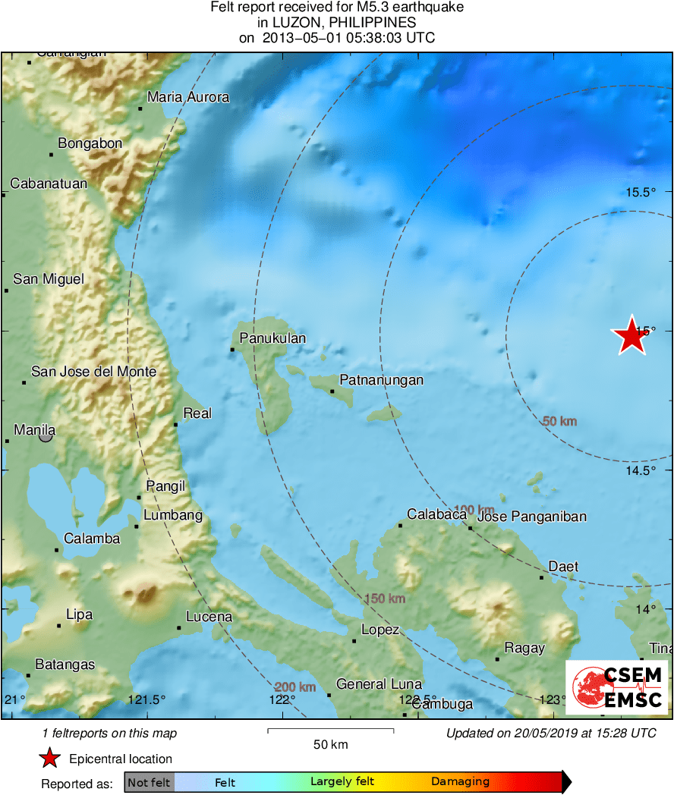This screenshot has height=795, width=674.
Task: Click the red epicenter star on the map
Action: point(630,335)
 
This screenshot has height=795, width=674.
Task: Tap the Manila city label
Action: point(35,430)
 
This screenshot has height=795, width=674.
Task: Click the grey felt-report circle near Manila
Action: point(46,435)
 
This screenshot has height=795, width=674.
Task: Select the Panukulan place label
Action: point(272,338)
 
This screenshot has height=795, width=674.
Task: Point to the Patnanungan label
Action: point(381,380)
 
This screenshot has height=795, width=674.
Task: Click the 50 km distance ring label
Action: point(560,421)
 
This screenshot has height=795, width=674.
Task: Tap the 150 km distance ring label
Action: point(385,599)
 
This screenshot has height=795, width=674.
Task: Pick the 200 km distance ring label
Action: point(295,687)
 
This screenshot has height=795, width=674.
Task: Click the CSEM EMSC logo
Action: point(617,687)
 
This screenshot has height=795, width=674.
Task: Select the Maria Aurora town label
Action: point(188,97)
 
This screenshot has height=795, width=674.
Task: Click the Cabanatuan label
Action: point(49,184)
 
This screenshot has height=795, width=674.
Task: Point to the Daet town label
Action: point(563,567)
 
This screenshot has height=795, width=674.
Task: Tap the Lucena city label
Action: point(209,617)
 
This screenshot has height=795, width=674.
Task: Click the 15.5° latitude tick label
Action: point(641,192)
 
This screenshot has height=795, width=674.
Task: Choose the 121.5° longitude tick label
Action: point(146,699)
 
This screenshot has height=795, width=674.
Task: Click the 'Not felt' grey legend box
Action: point(149,782)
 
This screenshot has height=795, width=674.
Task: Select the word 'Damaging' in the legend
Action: point(460,782)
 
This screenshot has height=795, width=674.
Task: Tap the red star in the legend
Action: point(50,759)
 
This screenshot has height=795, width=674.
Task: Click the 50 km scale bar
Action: point(330,731)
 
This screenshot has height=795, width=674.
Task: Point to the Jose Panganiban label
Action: point(532,517)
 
